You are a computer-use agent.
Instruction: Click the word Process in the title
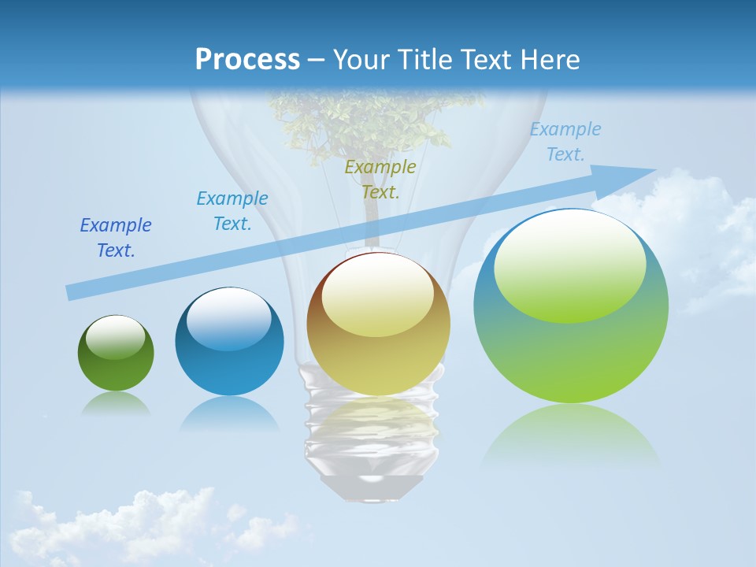[247, 59]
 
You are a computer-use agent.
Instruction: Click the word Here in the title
[551, 59]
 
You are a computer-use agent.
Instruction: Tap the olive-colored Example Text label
[380, 180]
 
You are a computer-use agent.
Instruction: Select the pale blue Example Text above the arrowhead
[565, 142]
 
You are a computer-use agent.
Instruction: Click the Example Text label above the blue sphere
[232, 211]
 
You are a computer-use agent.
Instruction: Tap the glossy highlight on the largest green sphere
[569, 268]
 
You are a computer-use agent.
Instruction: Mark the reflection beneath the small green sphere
[116, 404]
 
